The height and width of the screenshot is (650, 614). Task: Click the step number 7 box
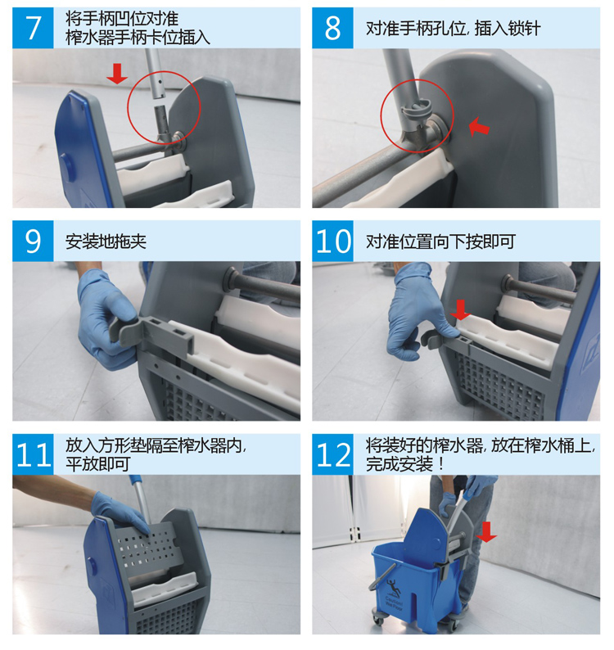pyautogui.click(x=33, y=28)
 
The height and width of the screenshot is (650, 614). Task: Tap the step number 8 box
pyautogui.click(x=332, y=28)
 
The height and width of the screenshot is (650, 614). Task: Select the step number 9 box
pyautogui.click(x=33, y=241)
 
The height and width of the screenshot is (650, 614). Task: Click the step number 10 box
pyautogui.click(x=332, y=241)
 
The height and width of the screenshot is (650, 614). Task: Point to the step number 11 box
pyautogui.click(x=33, y=454)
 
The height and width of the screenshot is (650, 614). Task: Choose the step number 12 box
pyautogui.click(x=332, y=454)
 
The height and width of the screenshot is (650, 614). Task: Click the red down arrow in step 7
pyautogui.click(x=117, y=74)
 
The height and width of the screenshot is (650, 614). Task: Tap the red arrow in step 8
pyautogui.click(x=479, y=126)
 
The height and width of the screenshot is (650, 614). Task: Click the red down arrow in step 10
pyautogui.click(x=460, y=309)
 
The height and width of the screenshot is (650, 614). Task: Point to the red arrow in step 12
pyautogui.click(x=486, y=532)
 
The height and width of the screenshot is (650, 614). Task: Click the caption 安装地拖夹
pyautogui.click(x=106, y=241)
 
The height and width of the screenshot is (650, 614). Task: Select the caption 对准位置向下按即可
pyautogui.click(x=440, y=241)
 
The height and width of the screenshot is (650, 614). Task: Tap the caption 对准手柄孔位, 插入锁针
pyautogui.click(x=454, y=28)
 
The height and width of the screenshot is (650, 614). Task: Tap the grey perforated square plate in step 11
pyautogui.click(x=148, y=548)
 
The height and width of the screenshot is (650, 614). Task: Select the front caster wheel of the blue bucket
pyautogui.click(x=378, y=619)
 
